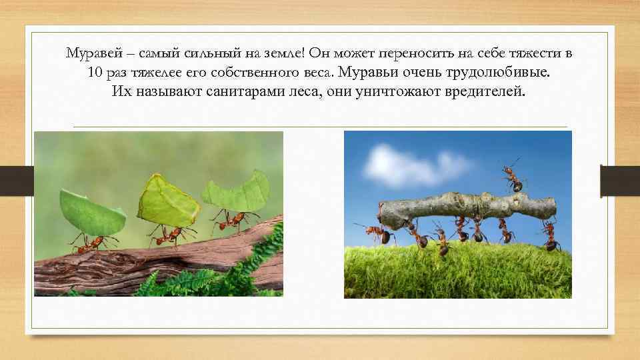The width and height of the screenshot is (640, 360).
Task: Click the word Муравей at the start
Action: pos(89,53)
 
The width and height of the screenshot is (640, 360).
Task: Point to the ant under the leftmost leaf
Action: pos(87,244)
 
